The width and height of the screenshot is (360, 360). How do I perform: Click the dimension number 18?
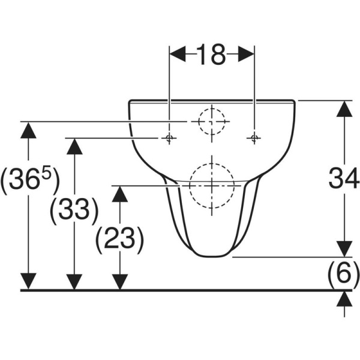(x=211, y=55)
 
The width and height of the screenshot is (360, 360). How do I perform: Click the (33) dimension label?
(x=74, y=211)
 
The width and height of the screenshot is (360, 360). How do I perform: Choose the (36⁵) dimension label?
(x=29, y=182)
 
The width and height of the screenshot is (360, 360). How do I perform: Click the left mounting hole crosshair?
(x=169, y=139)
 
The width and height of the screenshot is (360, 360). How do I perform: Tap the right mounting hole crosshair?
(x=254, y=139)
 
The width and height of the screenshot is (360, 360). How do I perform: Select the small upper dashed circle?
(x=211, y=121)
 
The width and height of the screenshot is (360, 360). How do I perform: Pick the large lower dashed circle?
(x=211, y=184)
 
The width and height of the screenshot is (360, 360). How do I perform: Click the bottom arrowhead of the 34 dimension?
(x=343, y=248)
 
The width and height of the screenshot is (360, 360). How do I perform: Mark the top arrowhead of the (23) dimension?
(x=120, y=194)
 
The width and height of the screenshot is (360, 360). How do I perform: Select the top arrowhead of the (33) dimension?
(x=74, y=146)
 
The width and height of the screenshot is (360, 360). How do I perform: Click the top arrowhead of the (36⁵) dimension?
(x=28, y=130)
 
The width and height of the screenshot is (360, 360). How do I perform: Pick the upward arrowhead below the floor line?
(x=343, y=299)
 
